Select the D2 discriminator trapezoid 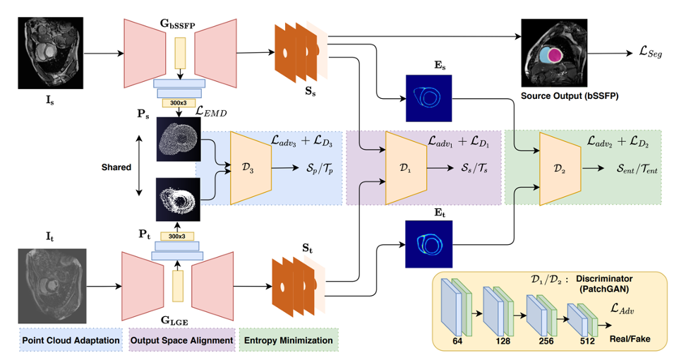(x=560, y=168)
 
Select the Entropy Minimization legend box (x=289, y=340)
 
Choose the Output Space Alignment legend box (x=181, y=340)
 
